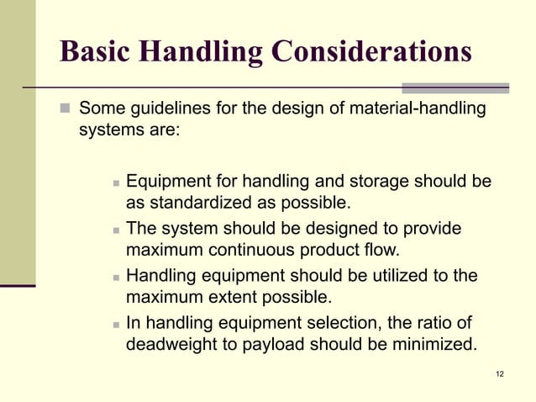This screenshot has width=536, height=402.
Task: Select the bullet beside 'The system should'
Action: (115, 229)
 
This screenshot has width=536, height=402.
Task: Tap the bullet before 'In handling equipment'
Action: (115, 323)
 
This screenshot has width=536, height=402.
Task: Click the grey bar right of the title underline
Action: (455, 87)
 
